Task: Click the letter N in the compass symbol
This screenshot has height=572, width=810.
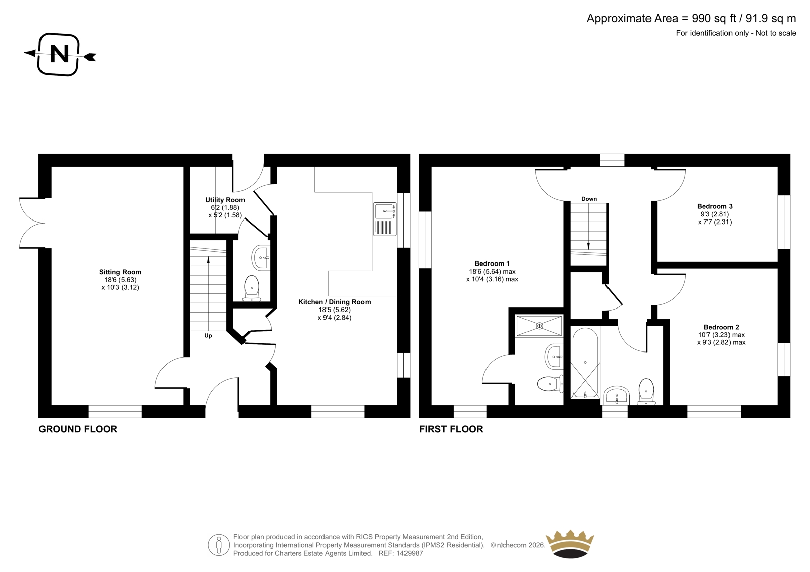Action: point(60,54)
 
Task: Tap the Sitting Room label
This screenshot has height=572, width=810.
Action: point(120,272)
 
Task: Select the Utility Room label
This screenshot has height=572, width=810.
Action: point(225,200)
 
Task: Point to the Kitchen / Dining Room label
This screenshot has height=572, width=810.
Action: point(335,302)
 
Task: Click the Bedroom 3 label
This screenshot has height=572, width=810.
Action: point(714,206)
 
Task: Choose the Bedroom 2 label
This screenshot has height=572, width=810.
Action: point(721,327)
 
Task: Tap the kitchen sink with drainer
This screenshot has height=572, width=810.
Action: point(385,219)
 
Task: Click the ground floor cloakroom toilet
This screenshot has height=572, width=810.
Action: point(251,288)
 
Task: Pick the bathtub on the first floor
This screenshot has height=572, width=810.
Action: point(585,363)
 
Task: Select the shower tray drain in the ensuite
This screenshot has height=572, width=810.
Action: point(540,326)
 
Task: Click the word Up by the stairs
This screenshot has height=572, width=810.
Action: point(208,336)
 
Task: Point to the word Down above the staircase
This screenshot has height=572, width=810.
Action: point(589,199)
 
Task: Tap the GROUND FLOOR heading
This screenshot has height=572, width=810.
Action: point(78,429)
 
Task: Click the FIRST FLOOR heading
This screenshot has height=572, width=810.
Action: point(451,429)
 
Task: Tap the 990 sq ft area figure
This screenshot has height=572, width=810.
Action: point(714,18)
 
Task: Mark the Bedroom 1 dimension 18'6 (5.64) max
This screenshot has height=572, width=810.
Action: point(493,272)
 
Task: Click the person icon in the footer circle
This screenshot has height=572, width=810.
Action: point(219,545)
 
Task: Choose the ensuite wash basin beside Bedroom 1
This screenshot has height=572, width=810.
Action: point(554,357)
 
